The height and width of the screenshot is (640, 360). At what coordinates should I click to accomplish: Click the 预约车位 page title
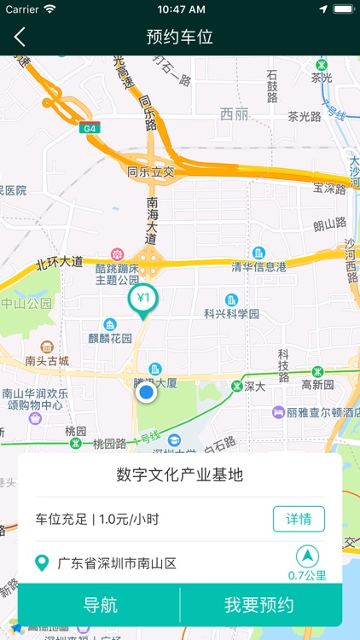(180, 37)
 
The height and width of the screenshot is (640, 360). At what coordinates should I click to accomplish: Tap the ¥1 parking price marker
(143, 300)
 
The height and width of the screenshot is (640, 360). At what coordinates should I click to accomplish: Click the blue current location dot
(146, 393)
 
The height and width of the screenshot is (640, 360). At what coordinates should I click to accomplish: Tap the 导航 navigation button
(100, 605)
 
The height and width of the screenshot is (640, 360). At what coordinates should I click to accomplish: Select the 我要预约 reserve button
(259, 605)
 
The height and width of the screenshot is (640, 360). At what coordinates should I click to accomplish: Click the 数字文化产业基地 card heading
(180, 474)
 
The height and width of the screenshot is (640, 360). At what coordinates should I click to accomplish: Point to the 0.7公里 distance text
(307, 575)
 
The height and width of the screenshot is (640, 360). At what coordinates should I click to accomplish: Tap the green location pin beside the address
(42, 563)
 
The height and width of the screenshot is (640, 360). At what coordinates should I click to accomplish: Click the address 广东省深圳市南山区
(116, 563)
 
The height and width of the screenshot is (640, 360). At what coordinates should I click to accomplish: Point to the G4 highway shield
(89, 128)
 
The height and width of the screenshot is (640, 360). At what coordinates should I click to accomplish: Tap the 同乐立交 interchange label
(150, 172)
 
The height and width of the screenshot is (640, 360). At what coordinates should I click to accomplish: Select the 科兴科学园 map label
(231, 313)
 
